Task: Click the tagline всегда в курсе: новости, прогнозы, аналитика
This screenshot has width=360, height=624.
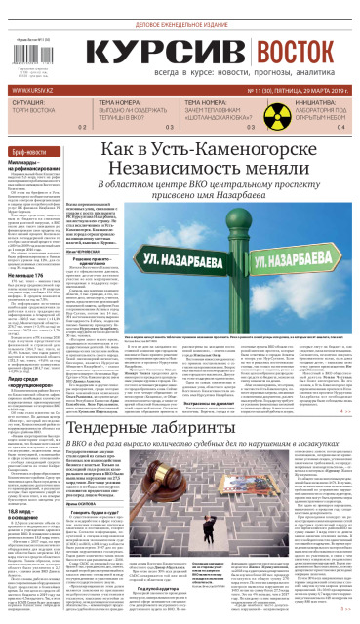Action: tap(195, 73)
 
